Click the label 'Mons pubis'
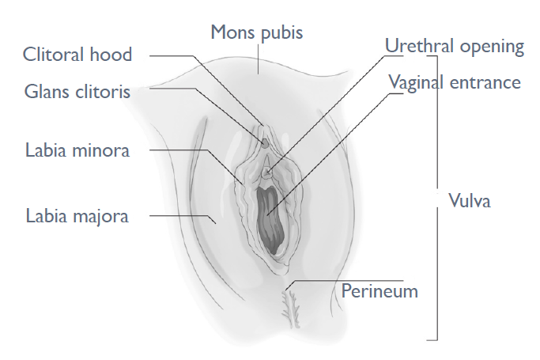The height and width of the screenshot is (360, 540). click(257, 33)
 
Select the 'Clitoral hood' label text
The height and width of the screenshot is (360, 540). click(77, 55)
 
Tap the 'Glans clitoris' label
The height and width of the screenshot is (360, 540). click(77, 93)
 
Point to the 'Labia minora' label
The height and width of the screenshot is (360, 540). click(77, 150)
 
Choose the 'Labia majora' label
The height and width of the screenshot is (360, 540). click(77, 214)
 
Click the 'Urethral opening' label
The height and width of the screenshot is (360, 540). click(455, 46)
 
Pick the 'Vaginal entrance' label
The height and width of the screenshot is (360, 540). click(455, 82)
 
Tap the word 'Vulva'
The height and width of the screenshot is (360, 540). click(470, 200)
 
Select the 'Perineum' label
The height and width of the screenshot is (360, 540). click(380, 290)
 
